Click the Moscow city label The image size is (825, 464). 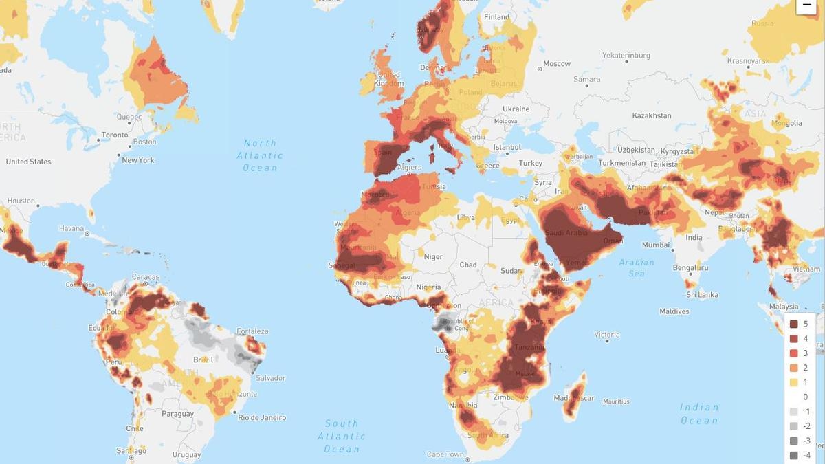tap(557, 64)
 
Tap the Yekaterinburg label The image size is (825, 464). tap(626, 55)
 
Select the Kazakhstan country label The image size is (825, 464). tap(652, 115)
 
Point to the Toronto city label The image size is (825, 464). tap(115, 135)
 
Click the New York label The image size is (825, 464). tap(138, 160)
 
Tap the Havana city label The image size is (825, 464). tap(71, 228)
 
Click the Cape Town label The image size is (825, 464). tap(445, 454)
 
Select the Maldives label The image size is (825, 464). tap(674, 311)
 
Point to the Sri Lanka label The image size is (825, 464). tap(702, 295)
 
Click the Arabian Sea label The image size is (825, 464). tap(637, 267)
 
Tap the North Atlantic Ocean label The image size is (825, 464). tap(260, 155)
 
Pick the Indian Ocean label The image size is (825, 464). tap(699, 414)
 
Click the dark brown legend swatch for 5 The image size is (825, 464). tap(793, 324)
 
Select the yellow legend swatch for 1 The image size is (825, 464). tap(793, 382)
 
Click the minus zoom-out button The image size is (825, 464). tap(806, 5)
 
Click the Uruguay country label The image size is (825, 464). tap(186, 454)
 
